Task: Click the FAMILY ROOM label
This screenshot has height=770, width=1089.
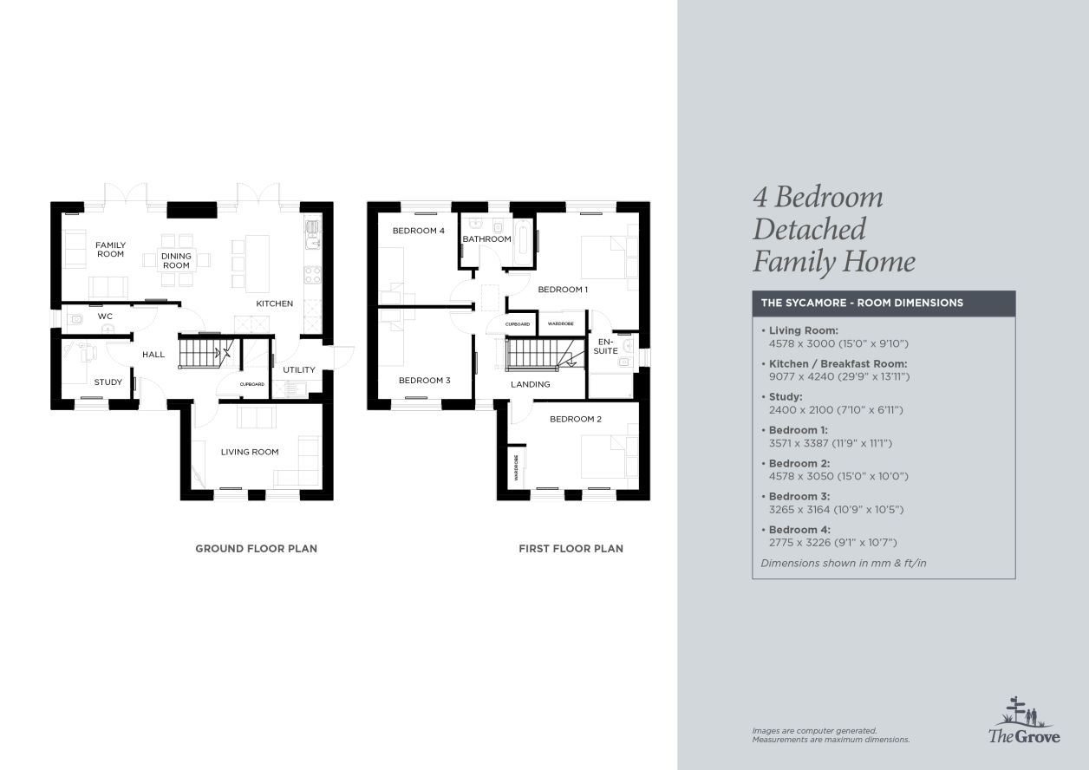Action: tap(110, 250)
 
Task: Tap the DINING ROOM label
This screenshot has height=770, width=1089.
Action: tap(176, 260)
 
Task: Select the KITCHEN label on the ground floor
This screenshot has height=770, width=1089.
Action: tap(275, 303)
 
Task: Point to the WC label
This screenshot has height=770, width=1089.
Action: tap(105, 316)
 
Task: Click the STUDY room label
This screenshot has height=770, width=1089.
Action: tap(108, 382)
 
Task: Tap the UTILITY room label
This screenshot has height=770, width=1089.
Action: tap(299, 369)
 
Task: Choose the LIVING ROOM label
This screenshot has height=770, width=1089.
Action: tap(250, 452)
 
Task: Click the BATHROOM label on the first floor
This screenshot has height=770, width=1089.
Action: tap(486, 238)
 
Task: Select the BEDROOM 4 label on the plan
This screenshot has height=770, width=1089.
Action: tap(419, 231)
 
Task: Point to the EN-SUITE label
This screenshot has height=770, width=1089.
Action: tap(606, 346)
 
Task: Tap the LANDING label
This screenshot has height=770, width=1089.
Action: tap(531, 384)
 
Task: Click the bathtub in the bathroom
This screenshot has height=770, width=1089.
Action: tap(524, 243)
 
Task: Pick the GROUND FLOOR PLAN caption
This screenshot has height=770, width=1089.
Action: tap(256, 548)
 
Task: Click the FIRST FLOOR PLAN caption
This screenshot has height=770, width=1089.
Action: tap(571, 548)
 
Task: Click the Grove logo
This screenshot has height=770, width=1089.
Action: tap(1024, 720)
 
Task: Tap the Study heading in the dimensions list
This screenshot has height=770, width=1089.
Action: tap(786, 396)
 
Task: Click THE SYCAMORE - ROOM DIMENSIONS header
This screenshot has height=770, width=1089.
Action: tap(862, 303)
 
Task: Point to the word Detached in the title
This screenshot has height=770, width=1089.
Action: tap(810, 229)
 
